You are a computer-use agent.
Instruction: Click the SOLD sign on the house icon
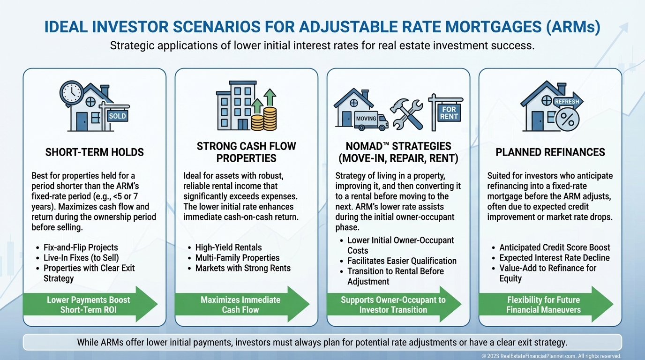118,116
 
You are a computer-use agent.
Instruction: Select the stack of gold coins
264,119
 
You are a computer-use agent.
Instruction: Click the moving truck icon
371,120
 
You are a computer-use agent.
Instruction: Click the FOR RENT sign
449,112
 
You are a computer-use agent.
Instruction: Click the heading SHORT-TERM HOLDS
94,152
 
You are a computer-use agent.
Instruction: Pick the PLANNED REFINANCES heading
550,152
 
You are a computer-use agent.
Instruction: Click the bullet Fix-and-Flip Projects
81,247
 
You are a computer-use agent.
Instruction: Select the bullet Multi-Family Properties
237,258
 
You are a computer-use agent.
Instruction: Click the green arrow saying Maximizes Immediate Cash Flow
242,304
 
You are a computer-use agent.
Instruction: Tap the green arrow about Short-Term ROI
90,304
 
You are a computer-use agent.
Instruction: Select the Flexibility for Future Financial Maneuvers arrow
546,304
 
